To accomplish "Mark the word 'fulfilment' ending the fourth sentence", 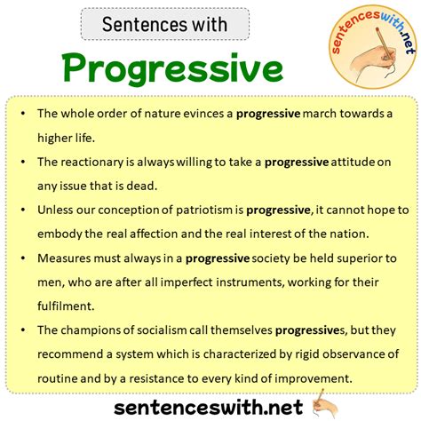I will (66, 306).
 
